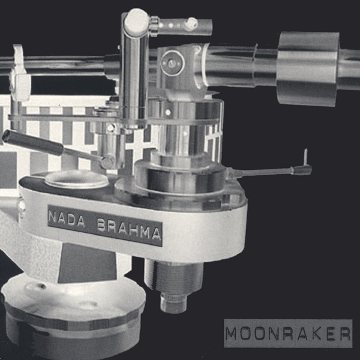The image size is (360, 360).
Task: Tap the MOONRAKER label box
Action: [x=288, y=334]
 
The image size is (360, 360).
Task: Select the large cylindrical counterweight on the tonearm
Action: [x=308, y=69]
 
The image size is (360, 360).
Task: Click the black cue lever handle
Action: [x=32, y=143]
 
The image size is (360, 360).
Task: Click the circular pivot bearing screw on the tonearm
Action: [x=173, y=62]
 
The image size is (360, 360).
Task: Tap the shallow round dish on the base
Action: [x=76, y=179]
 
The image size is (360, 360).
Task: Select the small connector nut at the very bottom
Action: [x=174, y=303]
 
